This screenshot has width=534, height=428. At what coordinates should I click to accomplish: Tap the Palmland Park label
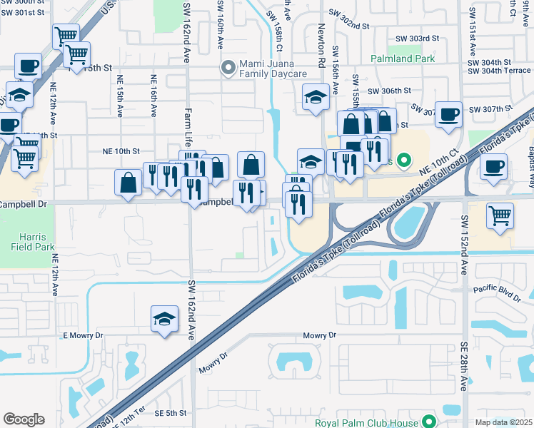(x=402, y=58)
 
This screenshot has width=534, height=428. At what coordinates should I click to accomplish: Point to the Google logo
(x=24, y=419)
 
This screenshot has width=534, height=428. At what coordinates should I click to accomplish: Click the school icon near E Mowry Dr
(x=165, y=320)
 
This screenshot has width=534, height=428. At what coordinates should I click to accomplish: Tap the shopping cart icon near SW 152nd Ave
(x=500, y=215)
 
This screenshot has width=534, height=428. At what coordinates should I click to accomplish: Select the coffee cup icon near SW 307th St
(x=449, y=116)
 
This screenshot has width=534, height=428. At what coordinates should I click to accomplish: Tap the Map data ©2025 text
(x=503, y=422)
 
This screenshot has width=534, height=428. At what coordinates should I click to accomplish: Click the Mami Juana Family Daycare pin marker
(x=228, y=68)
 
